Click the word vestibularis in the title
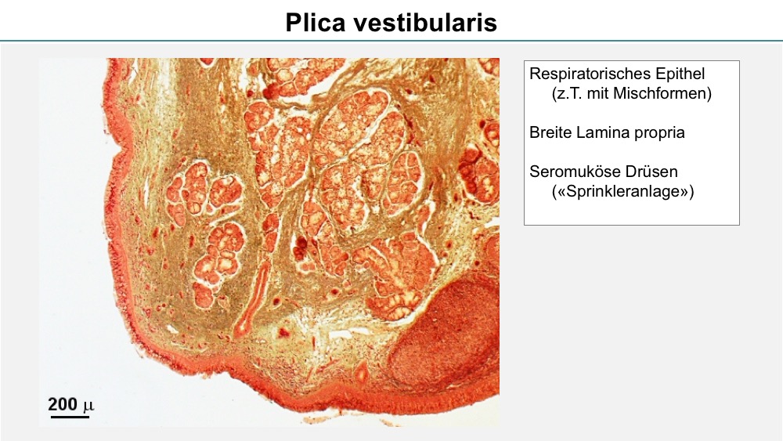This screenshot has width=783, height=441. coord(426,23)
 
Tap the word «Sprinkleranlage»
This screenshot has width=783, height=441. coord(622,192)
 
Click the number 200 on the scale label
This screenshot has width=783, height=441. coord(63,404)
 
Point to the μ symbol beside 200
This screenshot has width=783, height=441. coord(88,406)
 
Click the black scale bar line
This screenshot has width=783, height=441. coord(70,415)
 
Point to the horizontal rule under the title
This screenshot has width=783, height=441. coord(391,41)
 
